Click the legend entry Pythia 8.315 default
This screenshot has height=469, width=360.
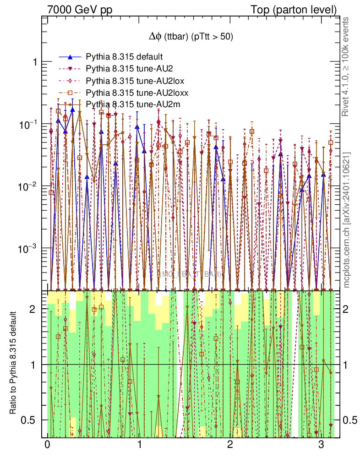click(x=125, y=57)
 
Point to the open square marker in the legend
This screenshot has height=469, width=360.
click(x=70, y=93)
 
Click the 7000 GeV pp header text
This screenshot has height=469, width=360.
click(x=80, y=9)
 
